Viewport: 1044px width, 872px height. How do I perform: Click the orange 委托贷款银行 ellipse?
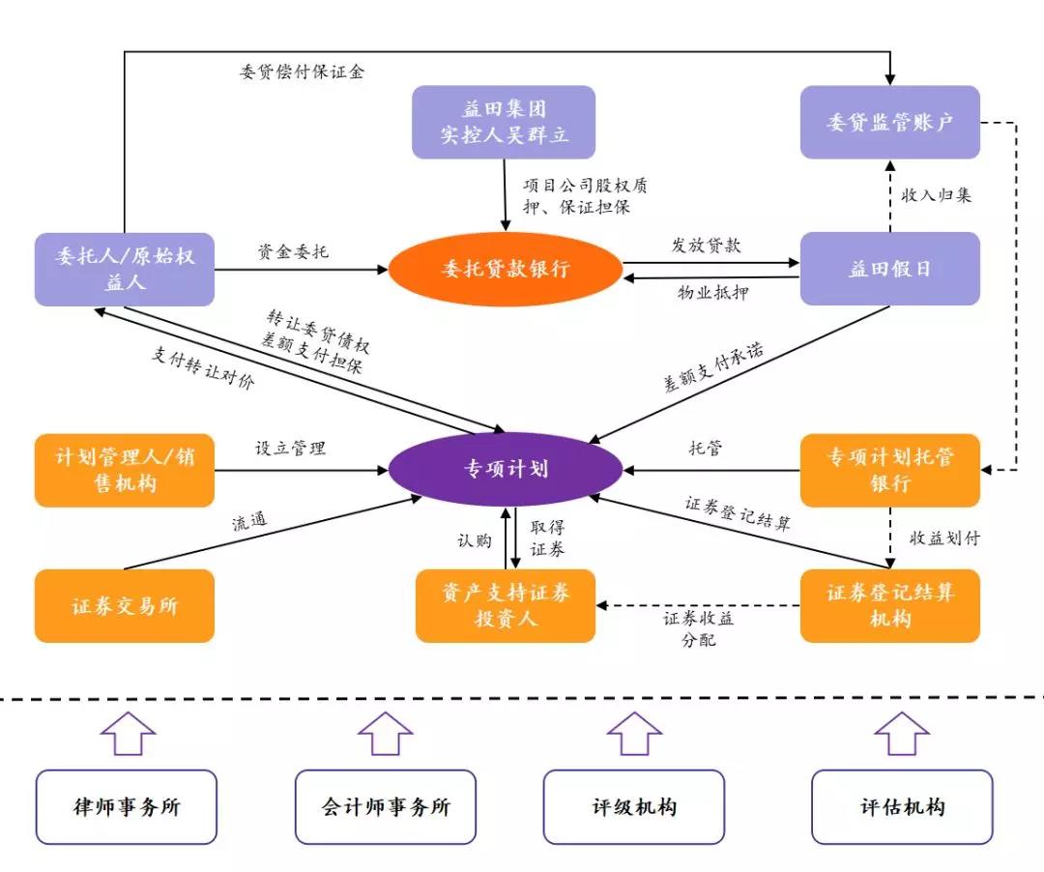506,269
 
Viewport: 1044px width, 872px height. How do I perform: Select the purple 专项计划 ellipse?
506,469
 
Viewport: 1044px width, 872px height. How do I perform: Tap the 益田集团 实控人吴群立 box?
504,122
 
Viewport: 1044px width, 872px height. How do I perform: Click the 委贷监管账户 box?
889,122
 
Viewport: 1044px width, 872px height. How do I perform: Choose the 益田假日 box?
889,269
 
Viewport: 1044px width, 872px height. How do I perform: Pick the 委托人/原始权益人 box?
125,269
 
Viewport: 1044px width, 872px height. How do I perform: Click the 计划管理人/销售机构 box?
125,470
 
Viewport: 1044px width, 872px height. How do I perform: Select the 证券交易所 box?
125,606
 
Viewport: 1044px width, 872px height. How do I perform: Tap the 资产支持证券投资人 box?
506,606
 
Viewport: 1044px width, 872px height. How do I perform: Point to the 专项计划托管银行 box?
889,470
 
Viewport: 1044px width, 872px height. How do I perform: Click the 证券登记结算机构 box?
889,606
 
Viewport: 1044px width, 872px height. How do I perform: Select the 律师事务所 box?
127,807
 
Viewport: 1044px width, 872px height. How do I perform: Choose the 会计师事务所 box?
386,807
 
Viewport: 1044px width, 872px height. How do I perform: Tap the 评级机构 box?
634,807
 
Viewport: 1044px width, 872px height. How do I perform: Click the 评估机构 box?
902,807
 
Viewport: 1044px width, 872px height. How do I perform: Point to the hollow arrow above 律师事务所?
128,734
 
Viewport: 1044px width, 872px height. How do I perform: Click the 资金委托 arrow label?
293,251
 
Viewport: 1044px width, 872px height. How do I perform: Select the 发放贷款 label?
706,245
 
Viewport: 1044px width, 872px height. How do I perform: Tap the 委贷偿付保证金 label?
302,72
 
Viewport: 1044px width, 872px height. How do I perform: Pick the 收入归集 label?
936,195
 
